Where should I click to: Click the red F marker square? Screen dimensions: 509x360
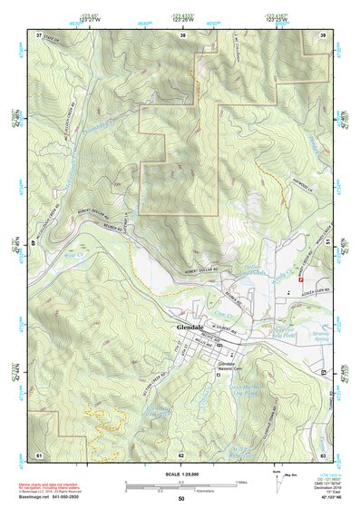pyautogui.click(x=299, y=280)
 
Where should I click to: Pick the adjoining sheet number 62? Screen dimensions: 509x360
pyautogui.click(x=181, y=454)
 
